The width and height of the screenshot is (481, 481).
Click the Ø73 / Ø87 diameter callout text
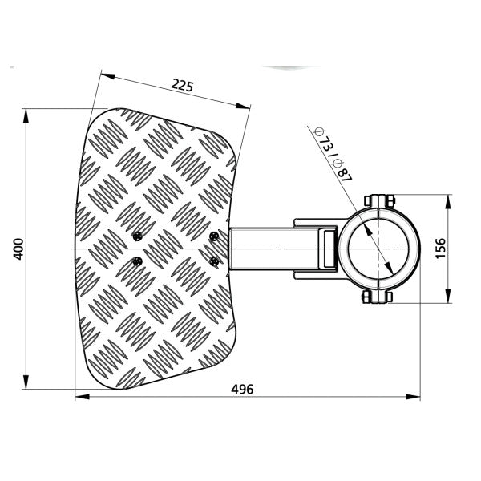(x=330, y=155)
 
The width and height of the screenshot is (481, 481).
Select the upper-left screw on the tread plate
(x=138, y=236)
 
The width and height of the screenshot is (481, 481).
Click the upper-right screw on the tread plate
(x=213, y=236)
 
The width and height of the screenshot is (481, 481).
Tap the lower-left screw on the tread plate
(x=138, y=261)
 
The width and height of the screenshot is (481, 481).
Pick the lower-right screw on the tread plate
(x=213, y=261)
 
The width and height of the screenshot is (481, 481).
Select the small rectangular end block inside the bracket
(x=327, y=249)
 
